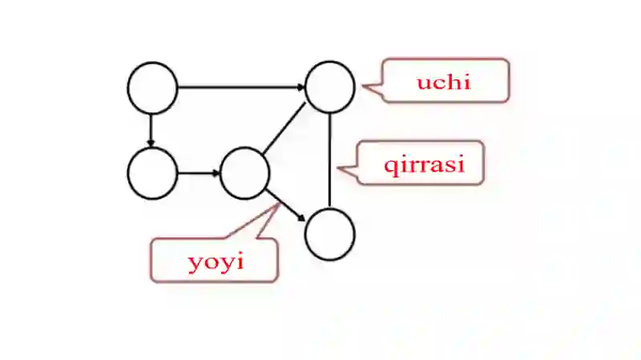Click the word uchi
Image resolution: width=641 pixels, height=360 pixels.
[x=444, y=82]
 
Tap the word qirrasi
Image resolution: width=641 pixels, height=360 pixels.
[x=425, y=164]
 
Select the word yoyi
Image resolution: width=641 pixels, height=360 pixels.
[x=216, y=261]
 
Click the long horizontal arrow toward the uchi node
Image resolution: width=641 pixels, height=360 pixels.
[x=241, y=87]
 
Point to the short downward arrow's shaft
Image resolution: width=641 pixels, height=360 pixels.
[x=151, y=130]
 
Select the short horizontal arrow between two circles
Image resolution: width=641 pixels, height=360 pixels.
[x=199, y=173]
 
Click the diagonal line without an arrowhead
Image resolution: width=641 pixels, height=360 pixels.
[x=284, y=129]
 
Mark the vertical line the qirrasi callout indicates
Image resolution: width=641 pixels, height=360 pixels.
[x=329, y=160]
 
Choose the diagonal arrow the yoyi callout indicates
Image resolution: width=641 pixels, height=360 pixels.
[x=285, y=205]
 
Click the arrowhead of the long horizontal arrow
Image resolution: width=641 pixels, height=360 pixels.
[x=301, y=87]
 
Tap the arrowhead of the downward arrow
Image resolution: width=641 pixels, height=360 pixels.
[x=151, y=144]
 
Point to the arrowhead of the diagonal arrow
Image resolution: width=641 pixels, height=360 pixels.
[x=302, y=218]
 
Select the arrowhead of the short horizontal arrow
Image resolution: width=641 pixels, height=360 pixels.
[x=216, y=173]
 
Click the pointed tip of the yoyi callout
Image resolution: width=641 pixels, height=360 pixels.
[x=280, y=204]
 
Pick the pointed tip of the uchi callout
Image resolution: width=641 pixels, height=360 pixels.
[x=363, y=87]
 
